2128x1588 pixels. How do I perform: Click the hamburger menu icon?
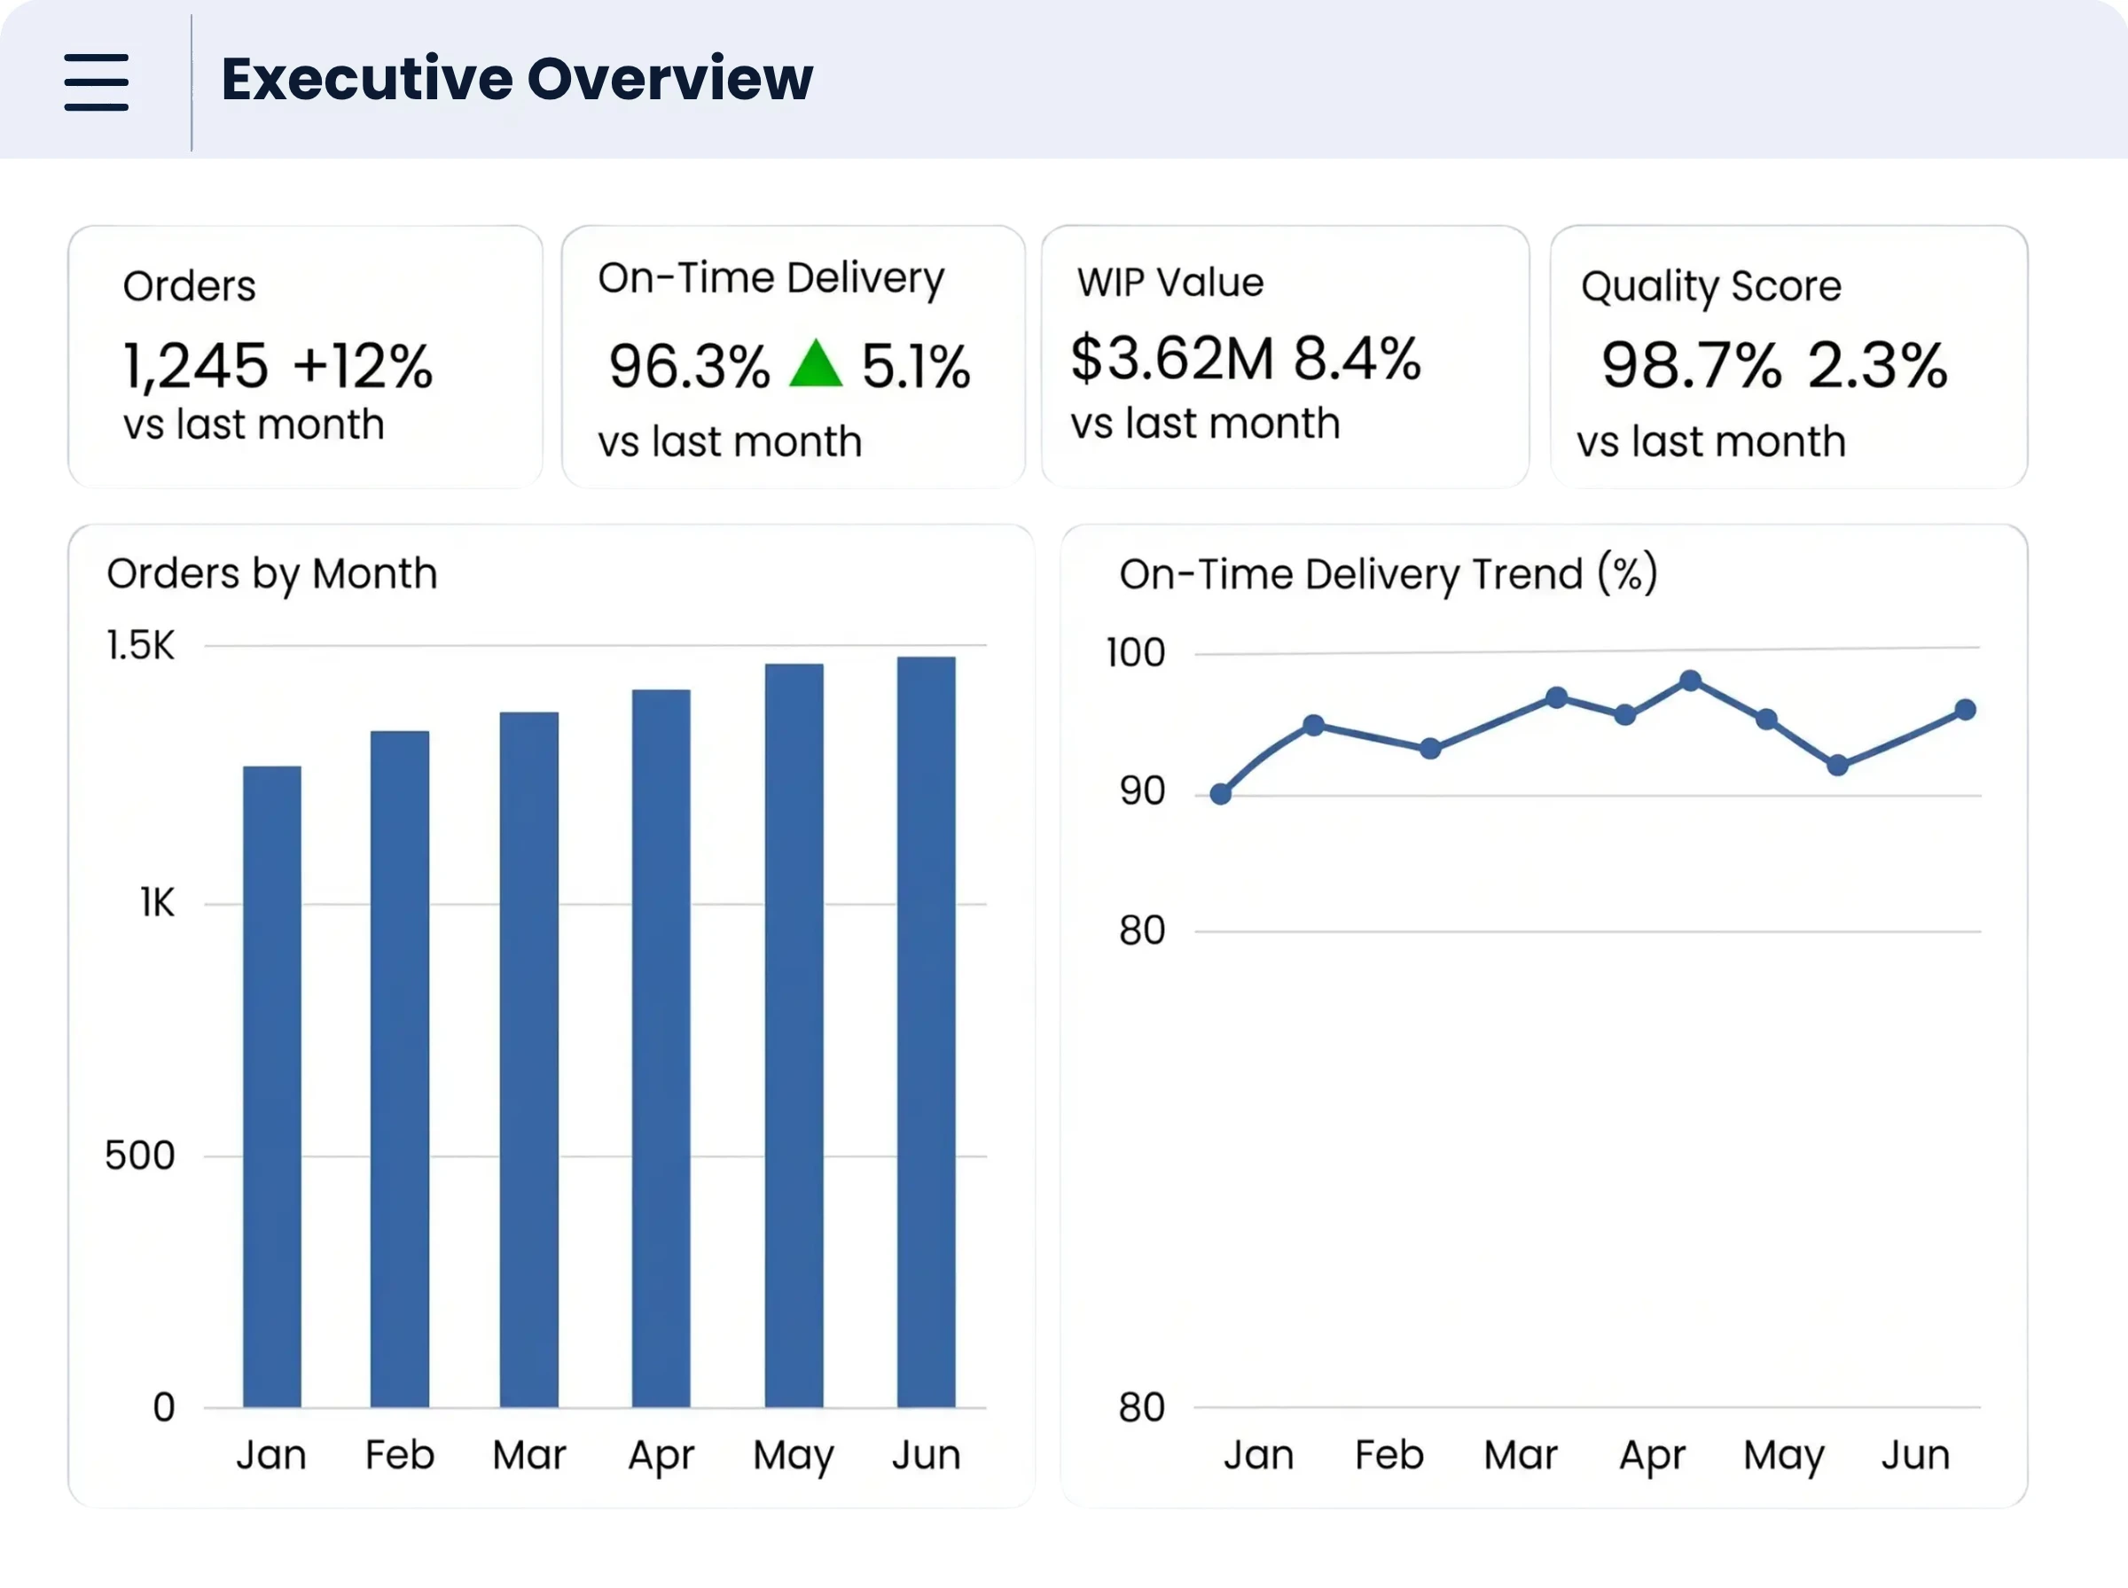[x=96, y=82]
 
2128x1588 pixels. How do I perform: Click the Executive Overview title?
[x=517, y=79]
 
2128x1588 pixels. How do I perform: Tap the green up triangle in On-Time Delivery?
[x=816, y=363]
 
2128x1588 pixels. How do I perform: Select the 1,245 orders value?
[x=196, y=366]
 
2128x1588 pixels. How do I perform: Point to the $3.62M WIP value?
[x=1172, y=359]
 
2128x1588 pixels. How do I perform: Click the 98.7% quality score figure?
[x=1692, y=365]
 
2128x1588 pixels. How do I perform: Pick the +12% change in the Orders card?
[x=364, y=366]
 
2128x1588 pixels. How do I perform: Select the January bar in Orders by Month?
[x=272, y=1086]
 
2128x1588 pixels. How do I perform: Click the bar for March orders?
[x=528, y=1059]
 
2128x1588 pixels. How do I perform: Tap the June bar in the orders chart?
[x=926, y=1031]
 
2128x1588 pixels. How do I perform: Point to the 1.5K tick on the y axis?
[x=140, y=645]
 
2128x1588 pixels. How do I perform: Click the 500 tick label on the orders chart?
[x=140, y=1156]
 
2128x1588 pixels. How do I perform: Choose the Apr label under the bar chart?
[x=661, y=1456]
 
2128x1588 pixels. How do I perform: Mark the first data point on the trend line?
[x=1220, y=794]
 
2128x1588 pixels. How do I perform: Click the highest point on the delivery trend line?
[x=1691, y=681]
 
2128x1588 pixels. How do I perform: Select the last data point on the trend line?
[x=1966, y=710]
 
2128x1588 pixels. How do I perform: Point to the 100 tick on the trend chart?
[x=1136, y=653]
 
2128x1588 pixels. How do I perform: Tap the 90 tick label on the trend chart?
[x=1142, y=791]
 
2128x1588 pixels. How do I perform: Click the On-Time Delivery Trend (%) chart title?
[x=1389, y=574]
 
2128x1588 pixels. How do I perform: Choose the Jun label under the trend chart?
[x=1915, y=1455]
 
